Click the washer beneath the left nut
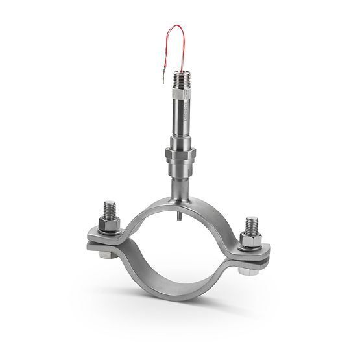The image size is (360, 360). (108, 232)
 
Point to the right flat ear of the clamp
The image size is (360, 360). (263, 252)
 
